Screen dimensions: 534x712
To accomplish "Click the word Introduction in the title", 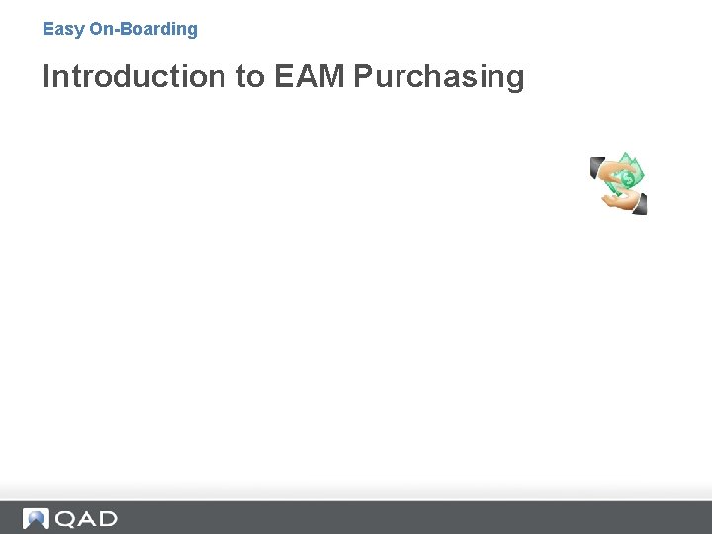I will tap(134, 76).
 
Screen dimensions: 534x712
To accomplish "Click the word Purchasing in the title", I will tap(439, 76).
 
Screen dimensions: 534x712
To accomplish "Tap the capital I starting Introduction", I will tap(46, 76).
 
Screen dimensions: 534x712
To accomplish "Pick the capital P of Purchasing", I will tap(363, 76).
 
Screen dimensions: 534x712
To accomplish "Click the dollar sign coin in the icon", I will tap(627, 180).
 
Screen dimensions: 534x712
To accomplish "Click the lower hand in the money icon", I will tap(619, 199).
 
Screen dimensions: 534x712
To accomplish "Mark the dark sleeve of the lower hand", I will tap(640, 204).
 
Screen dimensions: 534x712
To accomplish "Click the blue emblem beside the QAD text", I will tap(37, 518).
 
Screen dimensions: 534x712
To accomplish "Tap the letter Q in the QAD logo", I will tap(65, 518).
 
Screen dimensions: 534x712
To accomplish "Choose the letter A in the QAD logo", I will tap(86, 518).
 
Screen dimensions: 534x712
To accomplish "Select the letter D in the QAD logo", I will tap(107, 518).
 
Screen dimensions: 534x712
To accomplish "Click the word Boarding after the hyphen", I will tap(160, 30).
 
